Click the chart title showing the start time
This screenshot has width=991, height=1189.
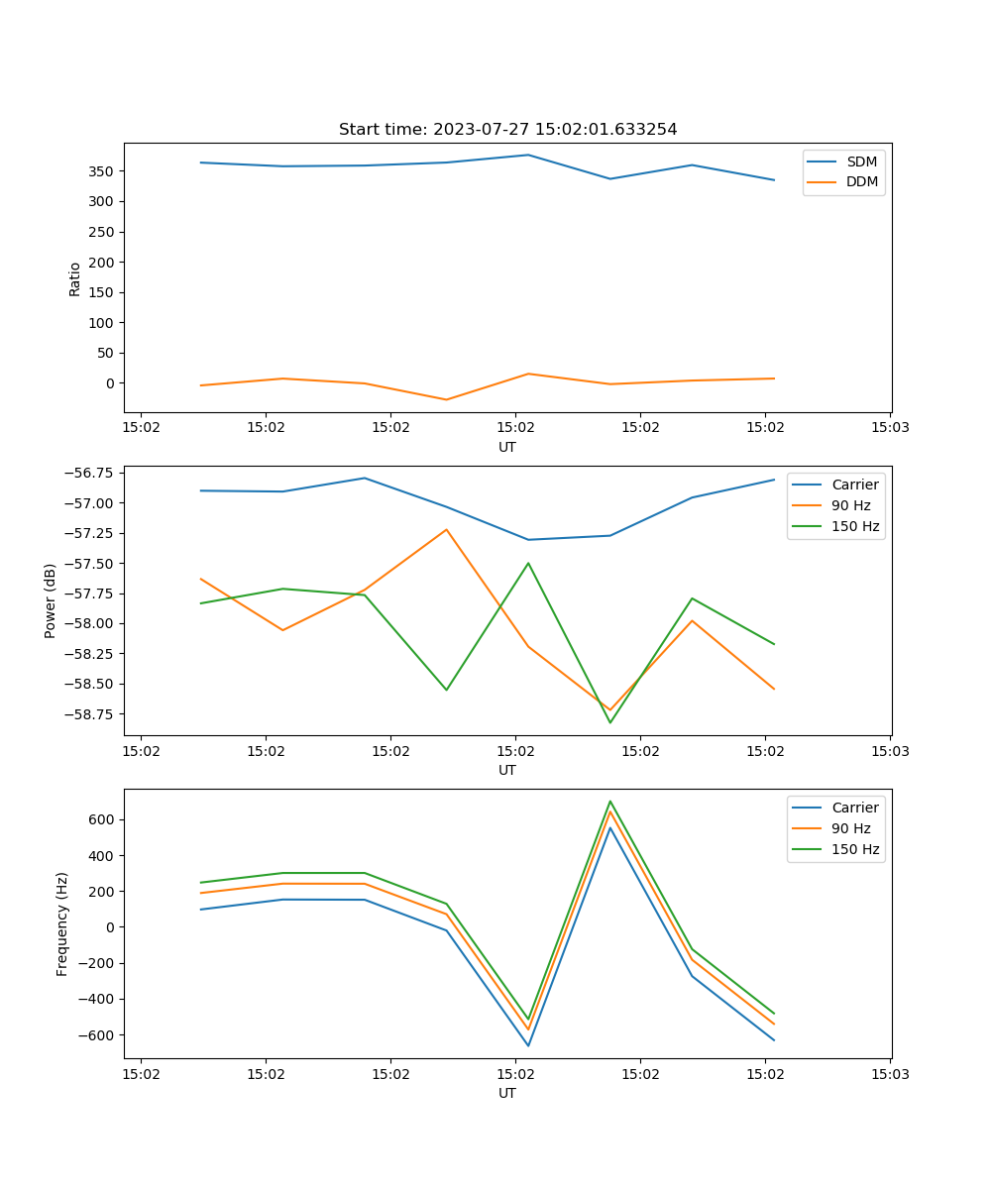(x=507, y=130)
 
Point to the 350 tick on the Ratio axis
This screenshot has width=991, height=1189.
(x=102, y=171)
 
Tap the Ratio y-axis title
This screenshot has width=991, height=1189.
(x=75, y=278)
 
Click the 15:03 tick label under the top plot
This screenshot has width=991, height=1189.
(x=890, y=428)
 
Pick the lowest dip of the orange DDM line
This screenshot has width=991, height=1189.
(x=446, y=399)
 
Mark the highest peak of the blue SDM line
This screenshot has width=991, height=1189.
(x=528, y=155)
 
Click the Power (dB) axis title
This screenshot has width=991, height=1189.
(x=51, y=601)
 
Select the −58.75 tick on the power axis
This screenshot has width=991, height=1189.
(x=89, y=714)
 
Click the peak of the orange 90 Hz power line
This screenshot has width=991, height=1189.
(x=446, y=529)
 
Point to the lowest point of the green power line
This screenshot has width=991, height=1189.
(x=610, y=722)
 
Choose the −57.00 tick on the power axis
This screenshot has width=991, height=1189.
(x=89, y=503)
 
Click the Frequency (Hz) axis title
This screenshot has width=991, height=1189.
(x=62, y=923)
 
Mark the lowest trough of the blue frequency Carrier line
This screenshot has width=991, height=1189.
(x=528, y=1045)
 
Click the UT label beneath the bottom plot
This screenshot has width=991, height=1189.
(x=507, y=1093)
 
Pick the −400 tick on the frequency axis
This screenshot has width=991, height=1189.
(x=98, y=1000)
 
